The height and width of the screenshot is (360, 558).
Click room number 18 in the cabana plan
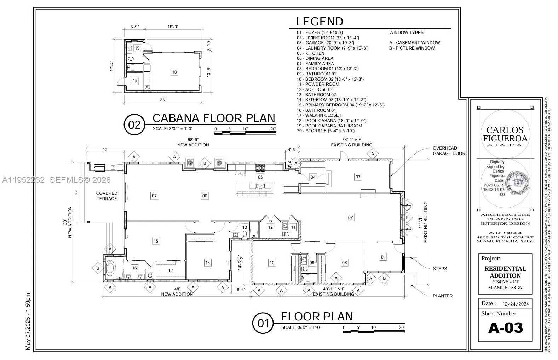(174, 72)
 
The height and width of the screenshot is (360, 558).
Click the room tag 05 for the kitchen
(260, 177)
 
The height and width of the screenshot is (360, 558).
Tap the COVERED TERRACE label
(107, 196)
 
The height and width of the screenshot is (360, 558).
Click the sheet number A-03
(505, 328)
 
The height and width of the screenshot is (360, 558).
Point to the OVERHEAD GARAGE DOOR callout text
(449, 151)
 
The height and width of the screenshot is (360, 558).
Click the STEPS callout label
(440, 269)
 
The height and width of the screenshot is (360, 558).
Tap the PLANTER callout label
(442, 296)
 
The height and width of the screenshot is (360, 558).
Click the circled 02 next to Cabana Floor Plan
(134, 125)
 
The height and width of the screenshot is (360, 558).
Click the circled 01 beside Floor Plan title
(263, 323)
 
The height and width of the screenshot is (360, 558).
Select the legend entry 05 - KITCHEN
(310, 53)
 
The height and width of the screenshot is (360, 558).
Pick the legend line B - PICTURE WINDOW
(412, 48)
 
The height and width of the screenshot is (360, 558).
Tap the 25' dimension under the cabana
(162, 100)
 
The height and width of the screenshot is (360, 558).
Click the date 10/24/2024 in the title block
(516, 304)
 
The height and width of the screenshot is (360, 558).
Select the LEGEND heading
(320, 22)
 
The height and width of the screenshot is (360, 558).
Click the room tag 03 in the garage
(358, 177)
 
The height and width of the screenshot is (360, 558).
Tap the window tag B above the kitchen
(205, 163)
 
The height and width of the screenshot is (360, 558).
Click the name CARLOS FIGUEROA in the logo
(505, 134)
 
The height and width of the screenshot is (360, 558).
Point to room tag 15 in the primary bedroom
(156, 241)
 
